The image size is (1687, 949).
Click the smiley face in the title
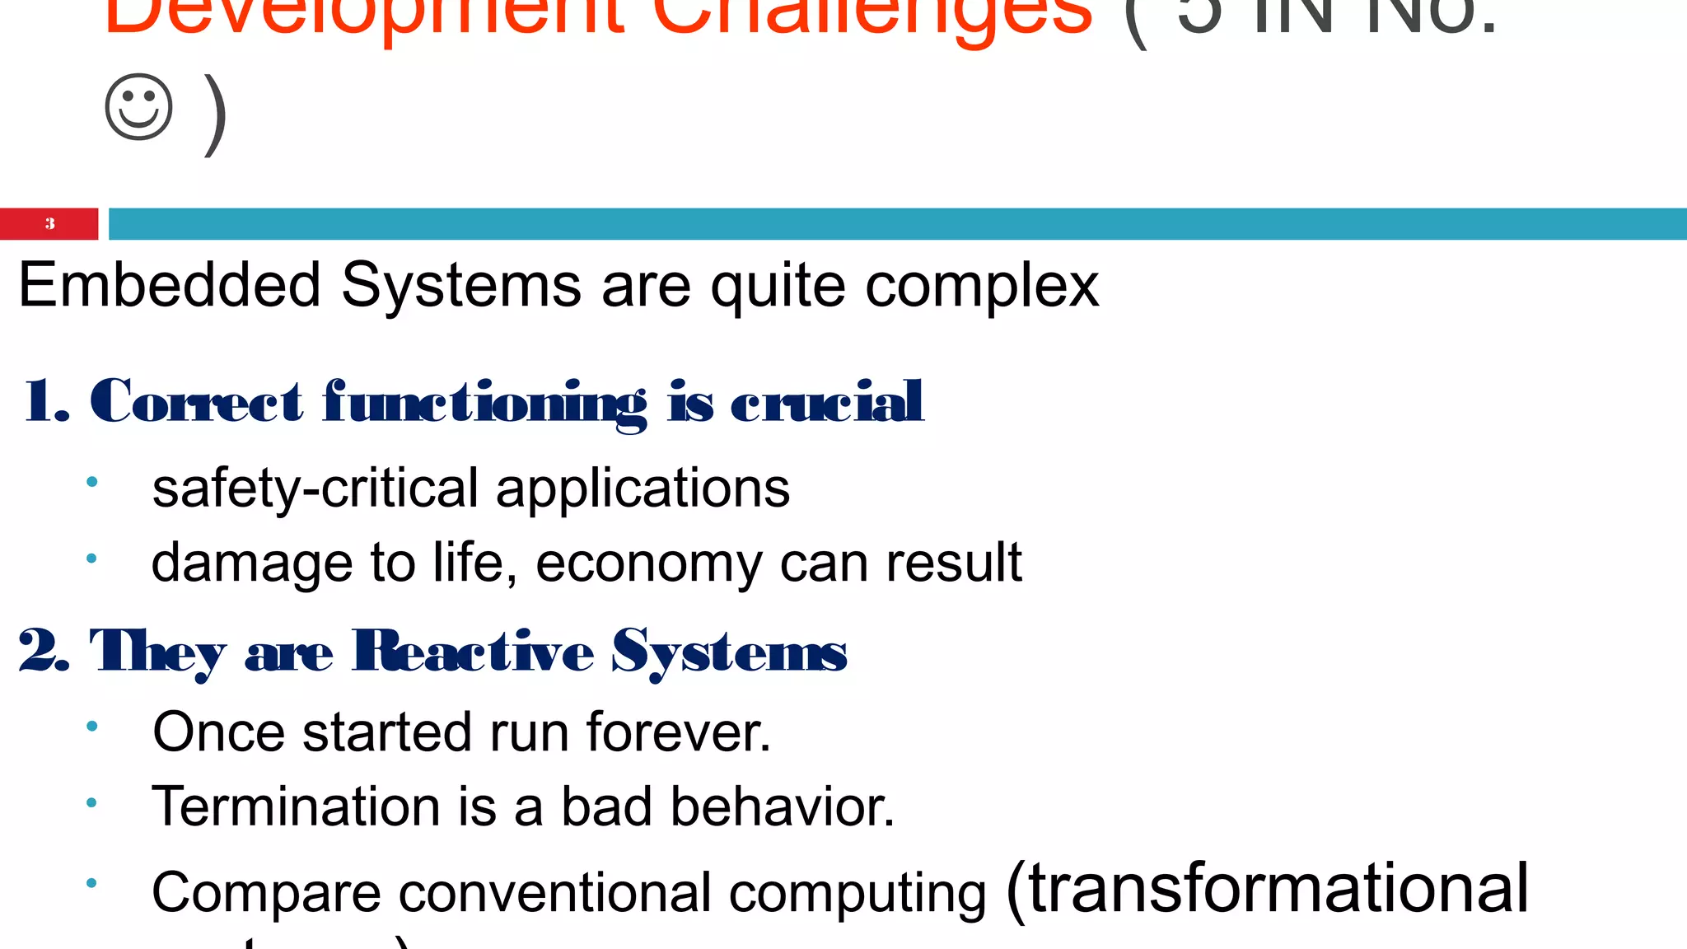138,107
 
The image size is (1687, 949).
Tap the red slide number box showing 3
49,223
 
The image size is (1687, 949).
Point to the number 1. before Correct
46,401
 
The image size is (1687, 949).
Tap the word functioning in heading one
484,402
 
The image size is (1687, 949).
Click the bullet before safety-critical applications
91,482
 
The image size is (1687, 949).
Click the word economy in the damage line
648,563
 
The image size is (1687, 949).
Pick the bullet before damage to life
91,559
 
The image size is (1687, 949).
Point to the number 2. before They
43,651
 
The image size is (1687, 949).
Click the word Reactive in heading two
473,651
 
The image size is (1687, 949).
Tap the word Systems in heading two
728,651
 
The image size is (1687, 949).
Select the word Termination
296,806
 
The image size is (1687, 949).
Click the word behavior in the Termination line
782,806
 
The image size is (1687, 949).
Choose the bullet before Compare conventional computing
91,883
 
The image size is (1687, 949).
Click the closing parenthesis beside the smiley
216,114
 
